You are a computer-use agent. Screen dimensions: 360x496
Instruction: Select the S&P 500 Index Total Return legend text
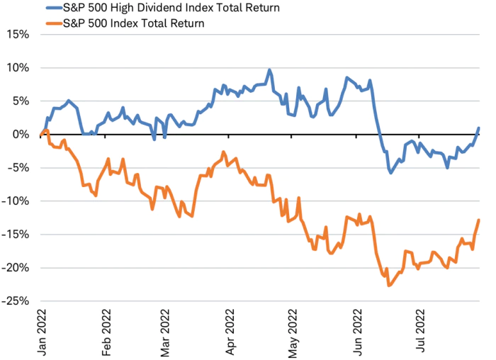coord(135,23)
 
